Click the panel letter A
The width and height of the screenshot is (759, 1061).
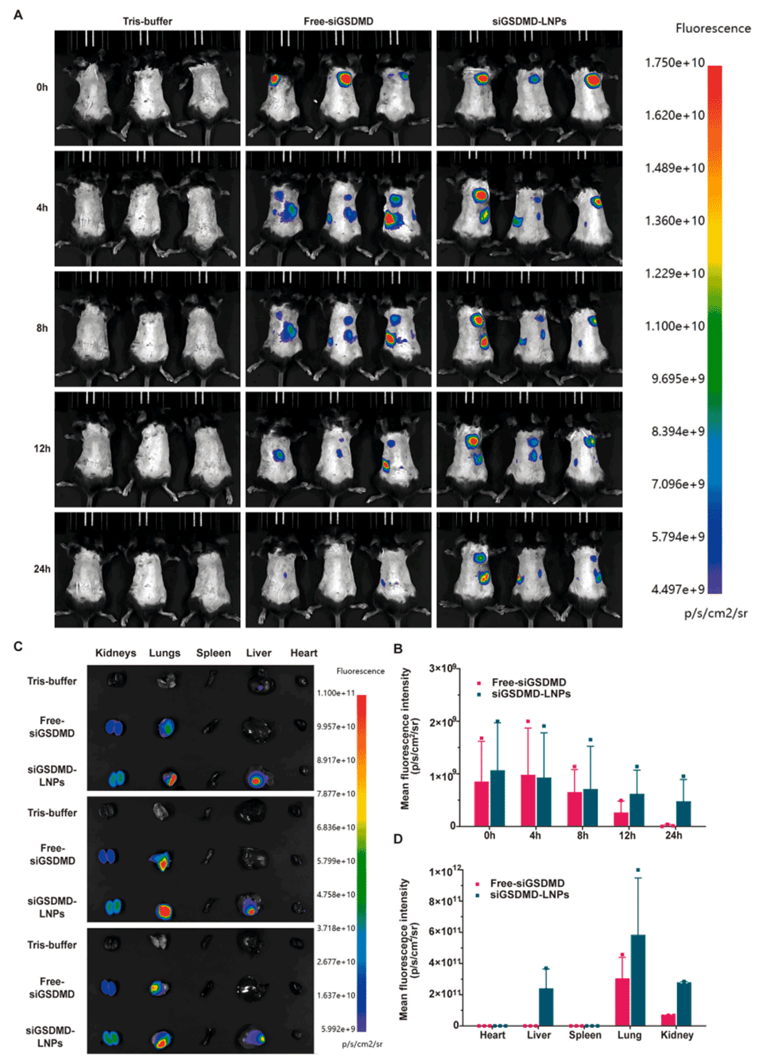(18, 14)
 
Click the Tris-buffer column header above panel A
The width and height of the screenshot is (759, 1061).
(147, 21)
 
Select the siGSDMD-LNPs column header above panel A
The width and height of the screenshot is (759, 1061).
(529, 21)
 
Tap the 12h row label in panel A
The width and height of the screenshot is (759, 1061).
(42, 449)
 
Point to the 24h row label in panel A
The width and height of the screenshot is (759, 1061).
(42, 569)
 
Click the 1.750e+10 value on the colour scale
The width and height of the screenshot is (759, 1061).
(675, 63)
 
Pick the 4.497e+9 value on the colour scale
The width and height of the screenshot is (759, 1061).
(678, 589)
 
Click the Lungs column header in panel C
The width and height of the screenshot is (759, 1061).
(165, 653)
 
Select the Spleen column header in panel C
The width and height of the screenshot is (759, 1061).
(214, 653)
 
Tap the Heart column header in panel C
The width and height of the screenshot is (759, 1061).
(304, 653)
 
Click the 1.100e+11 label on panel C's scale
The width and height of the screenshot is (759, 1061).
(336, 693)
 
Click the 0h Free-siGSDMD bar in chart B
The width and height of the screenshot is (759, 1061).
(482, 804)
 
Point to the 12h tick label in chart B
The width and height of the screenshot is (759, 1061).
(627, 835)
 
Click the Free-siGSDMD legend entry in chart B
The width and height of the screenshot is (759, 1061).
(529, 682)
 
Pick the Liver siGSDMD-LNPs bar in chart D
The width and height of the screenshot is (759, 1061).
(546, 1006)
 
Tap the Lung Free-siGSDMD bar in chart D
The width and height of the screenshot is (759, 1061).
(622, 1001)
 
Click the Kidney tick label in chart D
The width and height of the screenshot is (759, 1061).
(676, 1035)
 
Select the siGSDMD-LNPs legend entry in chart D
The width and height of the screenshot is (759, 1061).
(529, 894)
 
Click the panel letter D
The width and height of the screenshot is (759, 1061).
(398, 839)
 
